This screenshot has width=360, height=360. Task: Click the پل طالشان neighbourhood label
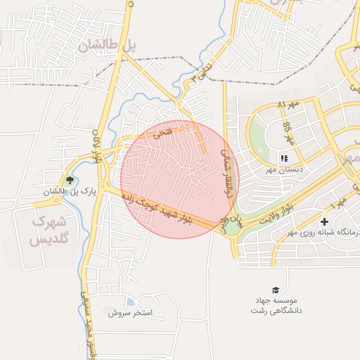(107, 46)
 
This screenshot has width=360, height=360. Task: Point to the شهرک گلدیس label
(47, 231)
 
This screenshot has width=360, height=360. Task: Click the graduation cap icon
(276, 290)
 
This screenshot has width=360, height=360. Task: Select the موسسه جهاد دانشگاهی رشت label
(276, 306)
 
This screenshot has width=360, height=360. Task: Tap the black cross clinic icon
(324, 222)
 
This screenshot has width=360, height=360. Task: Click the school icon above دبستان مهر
(285, 158)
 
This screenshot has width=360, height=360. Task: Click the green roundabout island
(231, 227)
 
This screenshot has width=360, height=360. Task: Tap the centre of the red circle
(180, 179)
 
